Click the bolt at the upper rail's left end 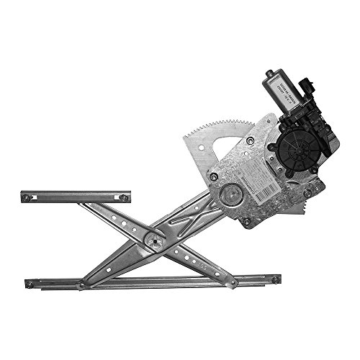click(x=27, y=197)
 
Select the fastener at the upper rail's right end click(x=124, y=197)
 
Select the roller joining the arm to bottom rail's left click(x=81, y=285)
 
